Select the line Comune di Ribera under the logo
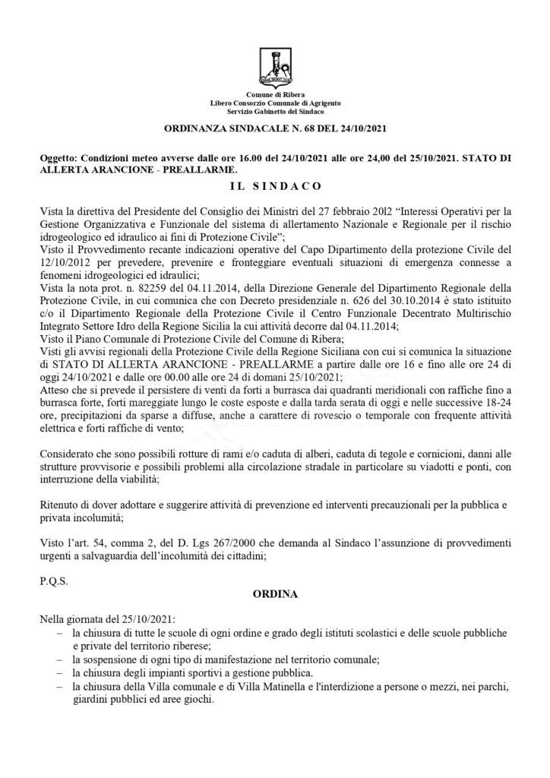(275, 93)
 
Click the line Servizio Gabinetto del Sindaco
(275, 110)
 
